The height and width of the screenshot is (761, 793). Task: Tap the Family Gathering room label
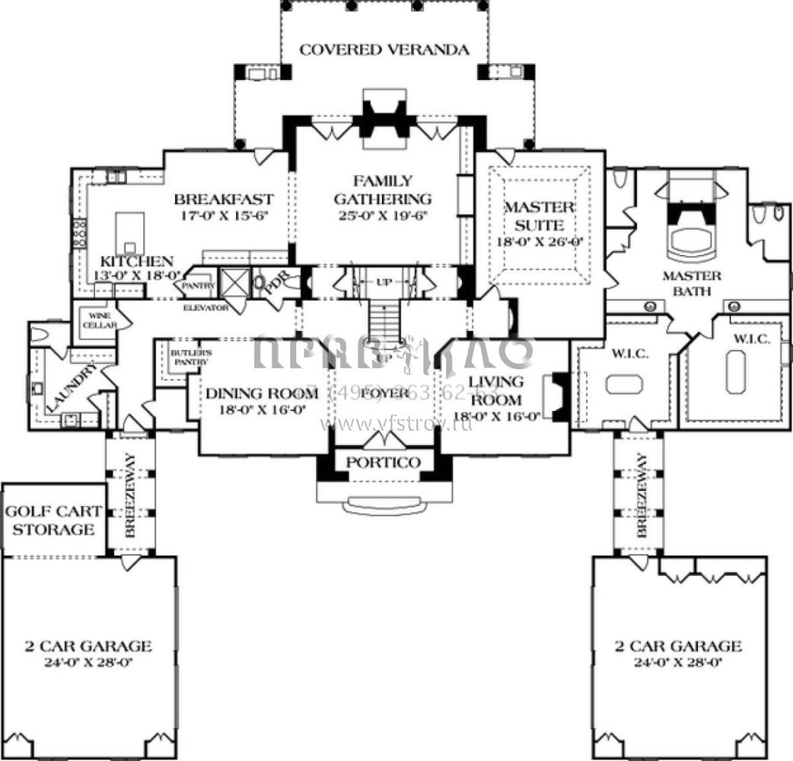pos(383,190)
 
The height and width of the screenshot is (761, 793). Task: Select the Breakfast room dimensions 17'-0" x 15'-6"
pos(224,215)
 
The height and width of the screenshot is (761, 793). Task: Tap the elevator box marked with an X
pos(234,282)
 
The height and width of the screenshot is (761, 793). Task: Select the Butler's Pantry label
pos(189,358)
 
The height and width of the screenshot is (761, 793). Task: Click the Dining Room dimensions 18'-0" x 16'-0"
pos(262,409)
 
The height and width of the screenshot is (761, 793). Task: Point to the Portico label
pos(377,463)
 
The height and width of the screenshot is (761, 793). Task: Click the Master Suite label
pos(539,216)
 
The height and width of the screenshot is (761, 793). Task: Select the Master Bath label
pos(691,282)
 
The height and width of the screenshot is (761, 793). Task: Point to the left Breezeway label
pos(129,497)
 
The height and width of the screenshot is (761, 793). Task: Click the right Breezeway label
pos(639,497)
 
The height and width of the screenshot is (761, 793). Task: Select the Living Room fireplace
pos(559,396)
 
